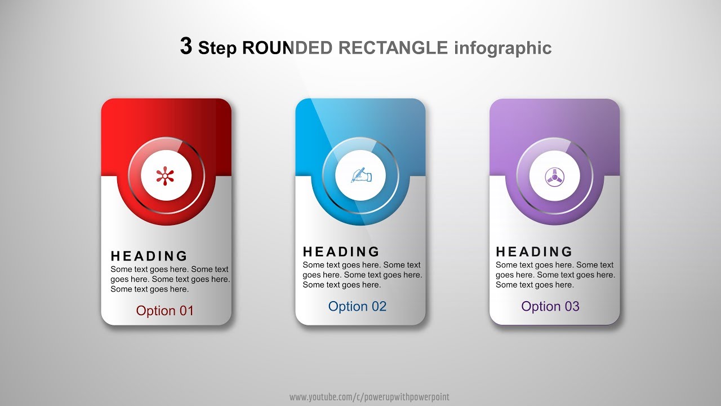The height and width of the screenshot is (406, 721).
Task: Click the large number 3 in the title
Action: click(186, 46)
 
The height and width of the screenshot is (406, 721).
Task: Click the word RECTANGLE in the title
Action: click(393, 48)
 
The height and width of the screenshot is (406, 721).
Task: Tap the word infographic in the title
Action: click(502, 48)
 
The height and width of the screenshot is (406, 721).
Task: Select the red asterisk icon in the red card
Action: click(165, 176)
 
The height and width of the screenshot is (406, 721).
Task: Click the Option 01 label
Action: click(164, 311)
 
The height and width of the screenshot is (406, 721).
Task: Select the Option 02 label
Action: click(357, 306)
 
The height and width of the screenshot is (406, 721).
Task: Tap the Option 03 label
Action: click(550, 306)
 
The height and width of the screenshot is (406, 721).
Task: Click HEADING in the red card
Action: click(149, 257)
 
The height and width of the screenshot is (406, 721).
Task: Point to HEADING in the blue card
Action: click(341, 251)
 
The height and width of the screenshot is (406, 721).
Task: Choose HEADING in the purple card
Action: click(534, 251)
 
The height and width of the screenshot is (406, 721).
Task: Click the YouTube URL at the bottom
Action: click(369, 398)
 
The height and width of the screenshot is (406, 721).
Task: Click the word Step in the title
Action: click(218, 48)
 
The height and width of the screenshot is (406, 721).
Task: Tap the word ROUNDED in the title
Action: click(287, 48)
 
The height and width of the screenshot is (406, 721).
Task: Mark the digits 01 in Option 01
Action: click(185, 311)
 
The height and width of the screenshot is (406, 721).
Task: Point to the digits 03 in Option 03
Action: click(571, 306)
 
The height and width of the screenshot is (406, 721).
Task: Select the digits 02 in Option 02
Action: click(378, 306)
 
